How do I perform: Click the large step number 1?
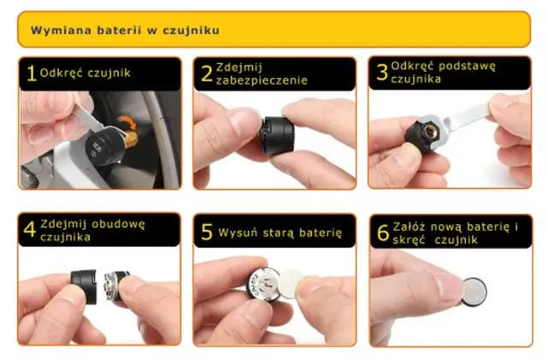tap(32, 74)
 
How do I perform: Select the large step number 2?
tap(207, 74)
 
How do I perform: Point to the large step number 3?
tap(382, 73)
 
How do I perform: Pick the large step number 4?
tap(30, 230)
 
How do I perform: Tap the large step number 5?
tap(207, 232)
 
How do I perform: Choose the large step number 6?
tap(383, 233)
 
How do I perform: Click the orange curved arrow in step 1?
tap(127, 122)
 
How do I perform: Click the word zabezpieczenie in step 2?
tap(262, 80)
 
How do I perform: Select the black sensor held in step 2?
tap(277, 135)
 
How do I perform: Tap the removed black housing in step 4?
tap(84, 286)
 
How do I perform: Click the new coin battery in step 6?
tap(474, 292)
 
